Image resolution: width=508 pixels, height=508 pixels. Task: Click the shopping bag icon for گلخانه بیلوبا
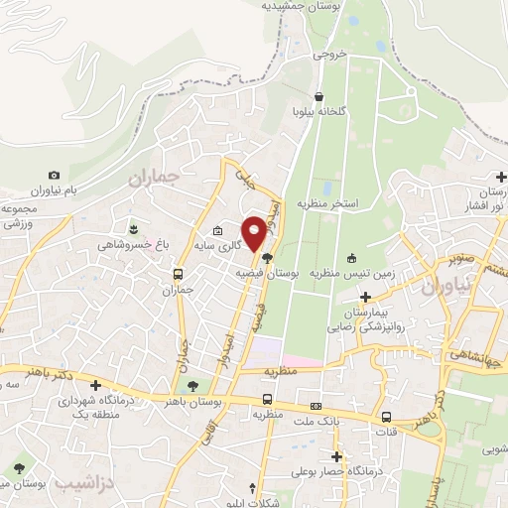click(318, 97)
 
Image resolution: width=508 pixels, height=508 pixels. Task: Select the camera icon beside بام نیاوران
click(54, 175)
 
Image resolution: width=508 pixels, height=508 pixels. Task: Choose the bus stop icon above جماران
click(178, 274)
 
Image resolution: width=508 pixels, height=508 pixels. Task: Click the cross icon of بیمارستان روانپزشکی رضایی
click(366, 296)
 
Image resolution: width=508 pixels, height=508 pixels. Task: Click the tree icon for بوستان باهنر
click(192, 386)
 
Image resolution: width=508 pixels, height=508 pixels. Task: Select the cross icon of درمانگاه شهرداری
click(95, 385)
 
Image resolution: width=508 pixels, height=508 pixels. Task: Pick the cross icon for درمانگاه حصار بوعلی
click(337, 457)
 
